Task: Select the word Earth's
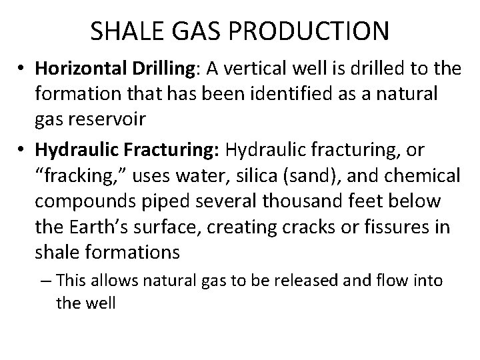(x=96, y=227)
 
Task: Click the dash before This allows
(x=46, y=281)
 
